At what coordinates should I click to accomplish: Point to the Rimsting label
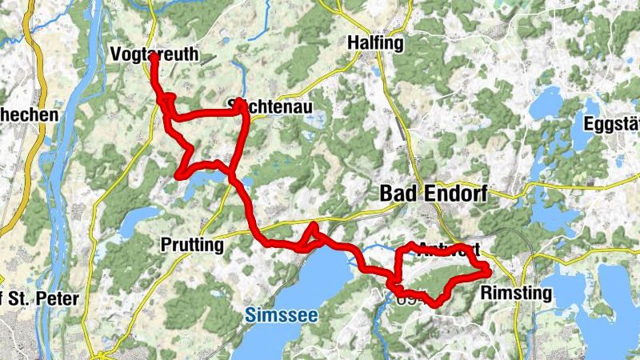(x=516, y=294)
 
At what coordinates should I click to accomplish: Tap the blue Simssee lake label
(x=281, y=315)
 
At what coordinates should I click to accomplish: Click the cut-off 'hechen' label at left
(x=29, y=115)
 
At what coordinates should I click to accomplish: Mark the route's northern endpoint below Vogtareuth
(x=152, y=58)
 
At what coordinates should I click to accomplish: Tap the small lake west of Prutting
(x=142, y=215)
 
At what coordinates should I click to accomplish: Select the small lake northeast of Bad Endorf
(x=549, y=103)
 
